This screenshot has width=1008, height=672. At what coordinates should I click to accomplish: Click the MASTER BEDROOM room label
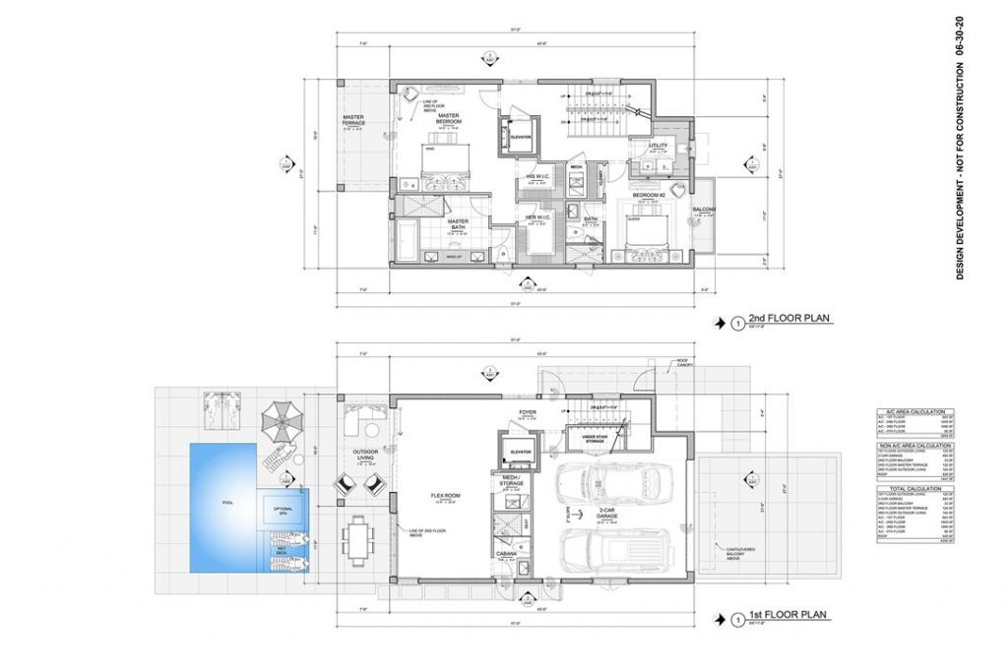449,118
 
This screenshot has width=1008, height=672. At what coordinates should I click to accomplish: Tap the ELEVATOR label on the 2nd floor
520,136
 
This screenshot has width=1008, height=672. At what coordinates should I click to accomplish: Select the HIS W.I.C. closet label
537,177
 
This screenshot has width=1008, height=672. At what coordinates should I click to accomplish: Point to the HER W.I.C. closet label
537,216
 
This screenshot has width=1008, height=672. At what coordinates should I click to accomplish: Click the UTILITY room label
658,147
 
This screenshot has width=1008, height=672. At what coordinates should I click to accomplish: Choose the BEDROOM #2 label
650,196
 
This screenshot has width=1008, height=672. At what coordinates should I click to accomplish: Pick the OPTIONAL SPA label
283,510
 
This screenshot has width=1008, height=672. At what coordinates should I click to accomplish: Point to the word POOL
228,502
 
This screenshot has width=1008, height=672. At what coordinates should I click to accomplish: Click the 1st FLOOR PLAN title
787,617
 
